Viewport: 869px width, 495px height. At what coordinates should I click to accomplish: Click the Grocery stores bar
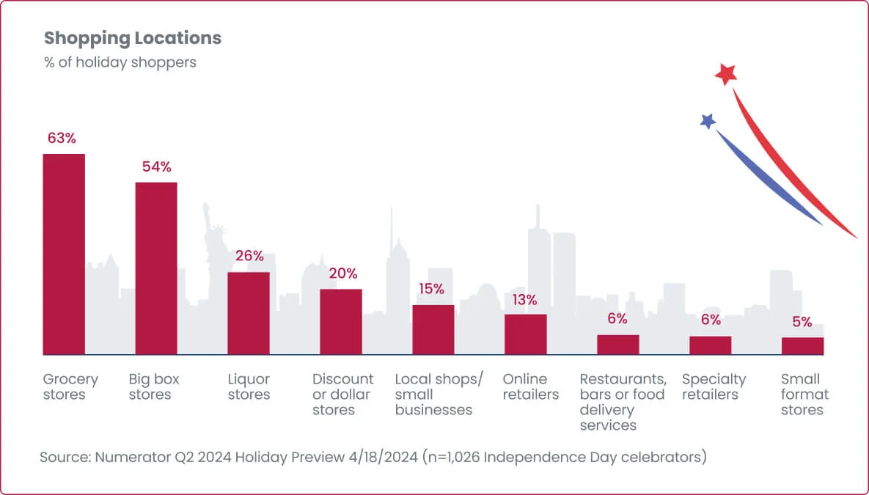tap(65, 254)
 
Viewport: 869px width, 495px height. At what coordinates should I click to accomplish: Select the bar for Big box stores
tap(156, 268)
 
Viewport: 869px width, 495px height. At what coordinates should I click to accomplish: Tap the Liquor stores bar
tap(249, 313)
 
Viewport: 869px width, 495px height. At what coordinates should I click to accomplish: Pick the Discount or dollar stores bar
tap(341, 321)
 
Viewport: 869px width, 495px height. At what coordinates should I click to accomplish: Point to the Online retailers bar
tap(525, 334)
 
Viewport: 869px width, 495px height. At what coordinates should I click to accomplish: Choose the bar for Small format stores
tap(802, 346)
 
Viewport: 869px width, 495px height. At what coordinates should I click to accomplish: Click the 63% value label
tap(62, 138)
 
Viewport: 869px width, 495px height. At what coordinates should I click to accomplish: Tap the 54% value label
tap(156, 167)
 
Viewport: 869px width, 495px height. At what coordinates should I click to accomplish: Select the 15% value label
tap(432, 289)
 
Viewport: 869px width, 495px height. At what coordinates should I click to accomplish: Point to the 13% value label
tap(524, 300)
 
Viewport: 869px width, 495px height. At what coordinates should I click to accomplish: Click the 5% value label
tap(802, 322)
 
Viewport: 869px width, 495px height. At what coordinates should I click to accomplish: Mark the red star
tap(725, 74)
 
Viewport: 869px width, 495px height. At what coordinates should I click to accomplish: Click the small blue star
tap(708, 121)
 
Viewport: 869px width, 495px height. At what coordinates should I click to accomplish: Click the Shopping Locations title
tap(133, 38)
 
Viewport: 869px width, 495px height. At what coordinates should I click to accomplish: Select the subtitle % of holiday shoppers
tap(120, 62)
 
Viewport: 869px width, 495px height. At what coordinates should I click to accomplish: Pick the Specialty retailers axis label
tap(714, 387)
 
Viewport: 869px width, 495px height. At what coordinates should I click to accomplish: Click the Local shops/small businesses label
tap(439, 395)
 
